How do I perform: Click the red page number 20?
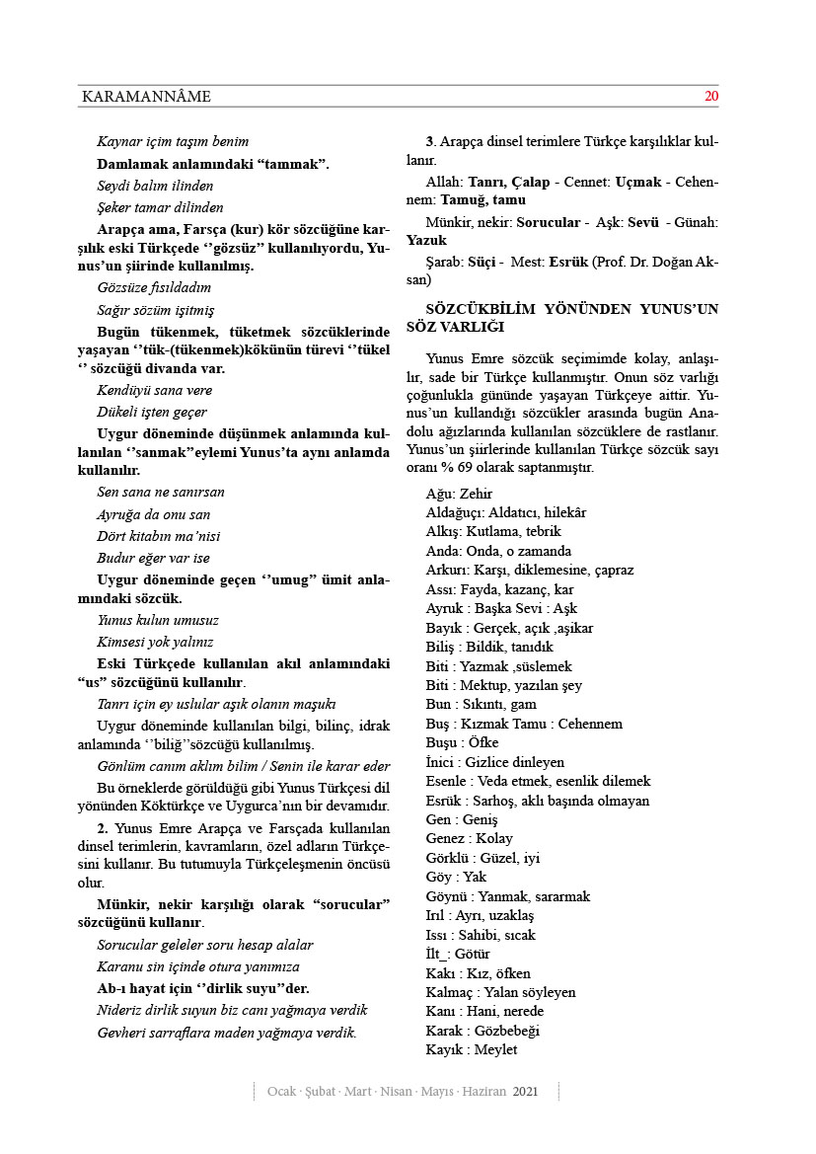710,97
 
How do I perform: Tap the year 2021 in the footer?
525,1092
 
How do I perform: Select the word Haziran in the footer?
483,1092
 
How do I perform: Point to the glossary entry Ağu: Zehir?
459,494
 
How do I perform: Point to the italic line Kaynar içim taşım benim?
173,142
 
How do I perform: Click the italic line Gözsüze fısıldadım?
153,287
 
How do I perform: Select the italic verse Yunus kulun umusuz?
158,620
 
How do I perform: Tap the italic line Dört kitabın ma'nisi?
158,536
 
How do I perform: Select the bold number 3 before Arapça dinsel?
429,141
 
